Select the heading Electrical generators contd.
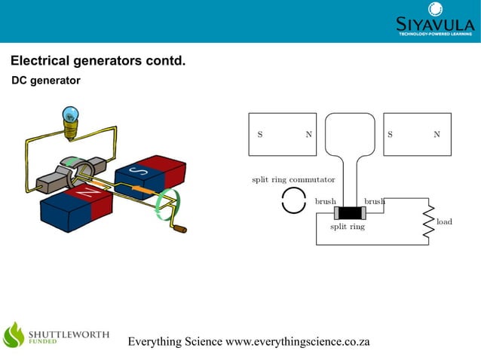(x=97, y=60)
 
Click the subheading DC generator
(x=45, y=80)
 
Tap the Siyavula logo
(x=435, y=20)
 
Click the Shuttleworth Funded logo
(x=57, y=335)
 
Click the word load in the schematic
(x=444, y=221)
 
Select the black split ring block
(x=350, y=213)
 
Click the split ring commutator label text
(x=293, y=179)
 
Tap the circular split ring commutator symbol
(x=293, y=202)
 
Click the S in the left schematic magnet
(x=260, y=135)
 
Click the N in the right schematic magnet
(x=437, y=135)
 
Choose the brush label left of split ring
(x=325, y=202)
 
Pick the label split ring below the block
(x=348, y=226)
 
